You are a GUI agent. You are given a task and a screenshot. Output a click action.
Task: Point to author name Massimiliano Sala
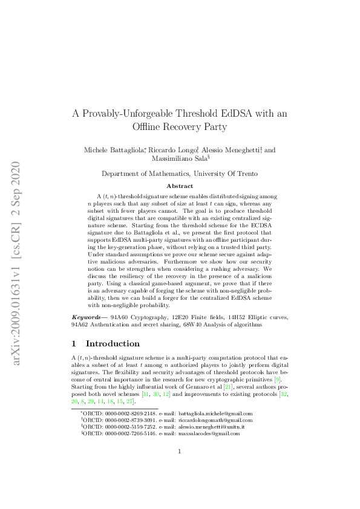click(x=180, y=159)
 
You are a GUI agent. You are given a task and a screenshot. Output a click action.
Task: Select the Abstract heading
click(x=180, y=186)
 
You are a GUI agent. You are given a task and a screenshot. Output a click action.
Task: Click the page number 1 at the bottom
click(x=180, y=485)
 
